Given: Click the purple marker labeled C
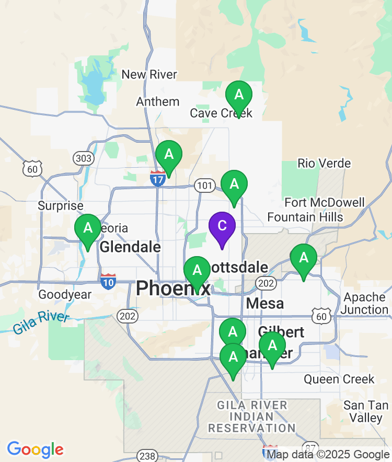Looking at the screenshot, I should click(x=222, y=226).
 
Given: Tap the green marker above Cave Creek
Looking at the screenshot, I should click(x=239, y=96).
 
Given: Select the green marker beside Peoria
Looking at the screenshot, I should click(x=88, y=228).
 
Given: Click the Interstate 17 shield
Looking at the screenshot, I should click(x=158, y=179).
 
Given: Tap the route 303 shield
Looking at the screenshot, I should click(x=83, y=158).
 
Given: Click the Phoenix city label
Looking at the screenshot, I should click(x=173, y=288).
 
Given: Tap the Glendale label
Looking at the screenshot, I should click(x=130, y=247).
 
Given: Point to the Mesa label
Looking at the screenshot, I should click(x=264, y=303).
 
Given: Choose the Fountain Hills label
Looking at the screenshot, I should click(x=305, y=216).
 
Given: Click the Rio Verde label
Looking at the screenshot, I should click(x=324, y=164).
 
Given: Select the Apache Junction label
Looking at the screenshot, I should click(x=365, y=303).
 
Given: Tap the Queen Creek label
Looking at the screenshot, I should click(x=339, y=379).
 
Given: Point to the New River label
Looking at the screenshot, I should click(x=149, y=75).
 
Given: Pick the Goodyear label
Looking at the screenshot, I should click(x=65, y=295).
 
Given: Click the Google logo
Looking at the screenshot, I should click(x=36, y=449).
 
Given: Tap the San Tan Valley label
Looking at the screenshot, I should click(x=366, y=412).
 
